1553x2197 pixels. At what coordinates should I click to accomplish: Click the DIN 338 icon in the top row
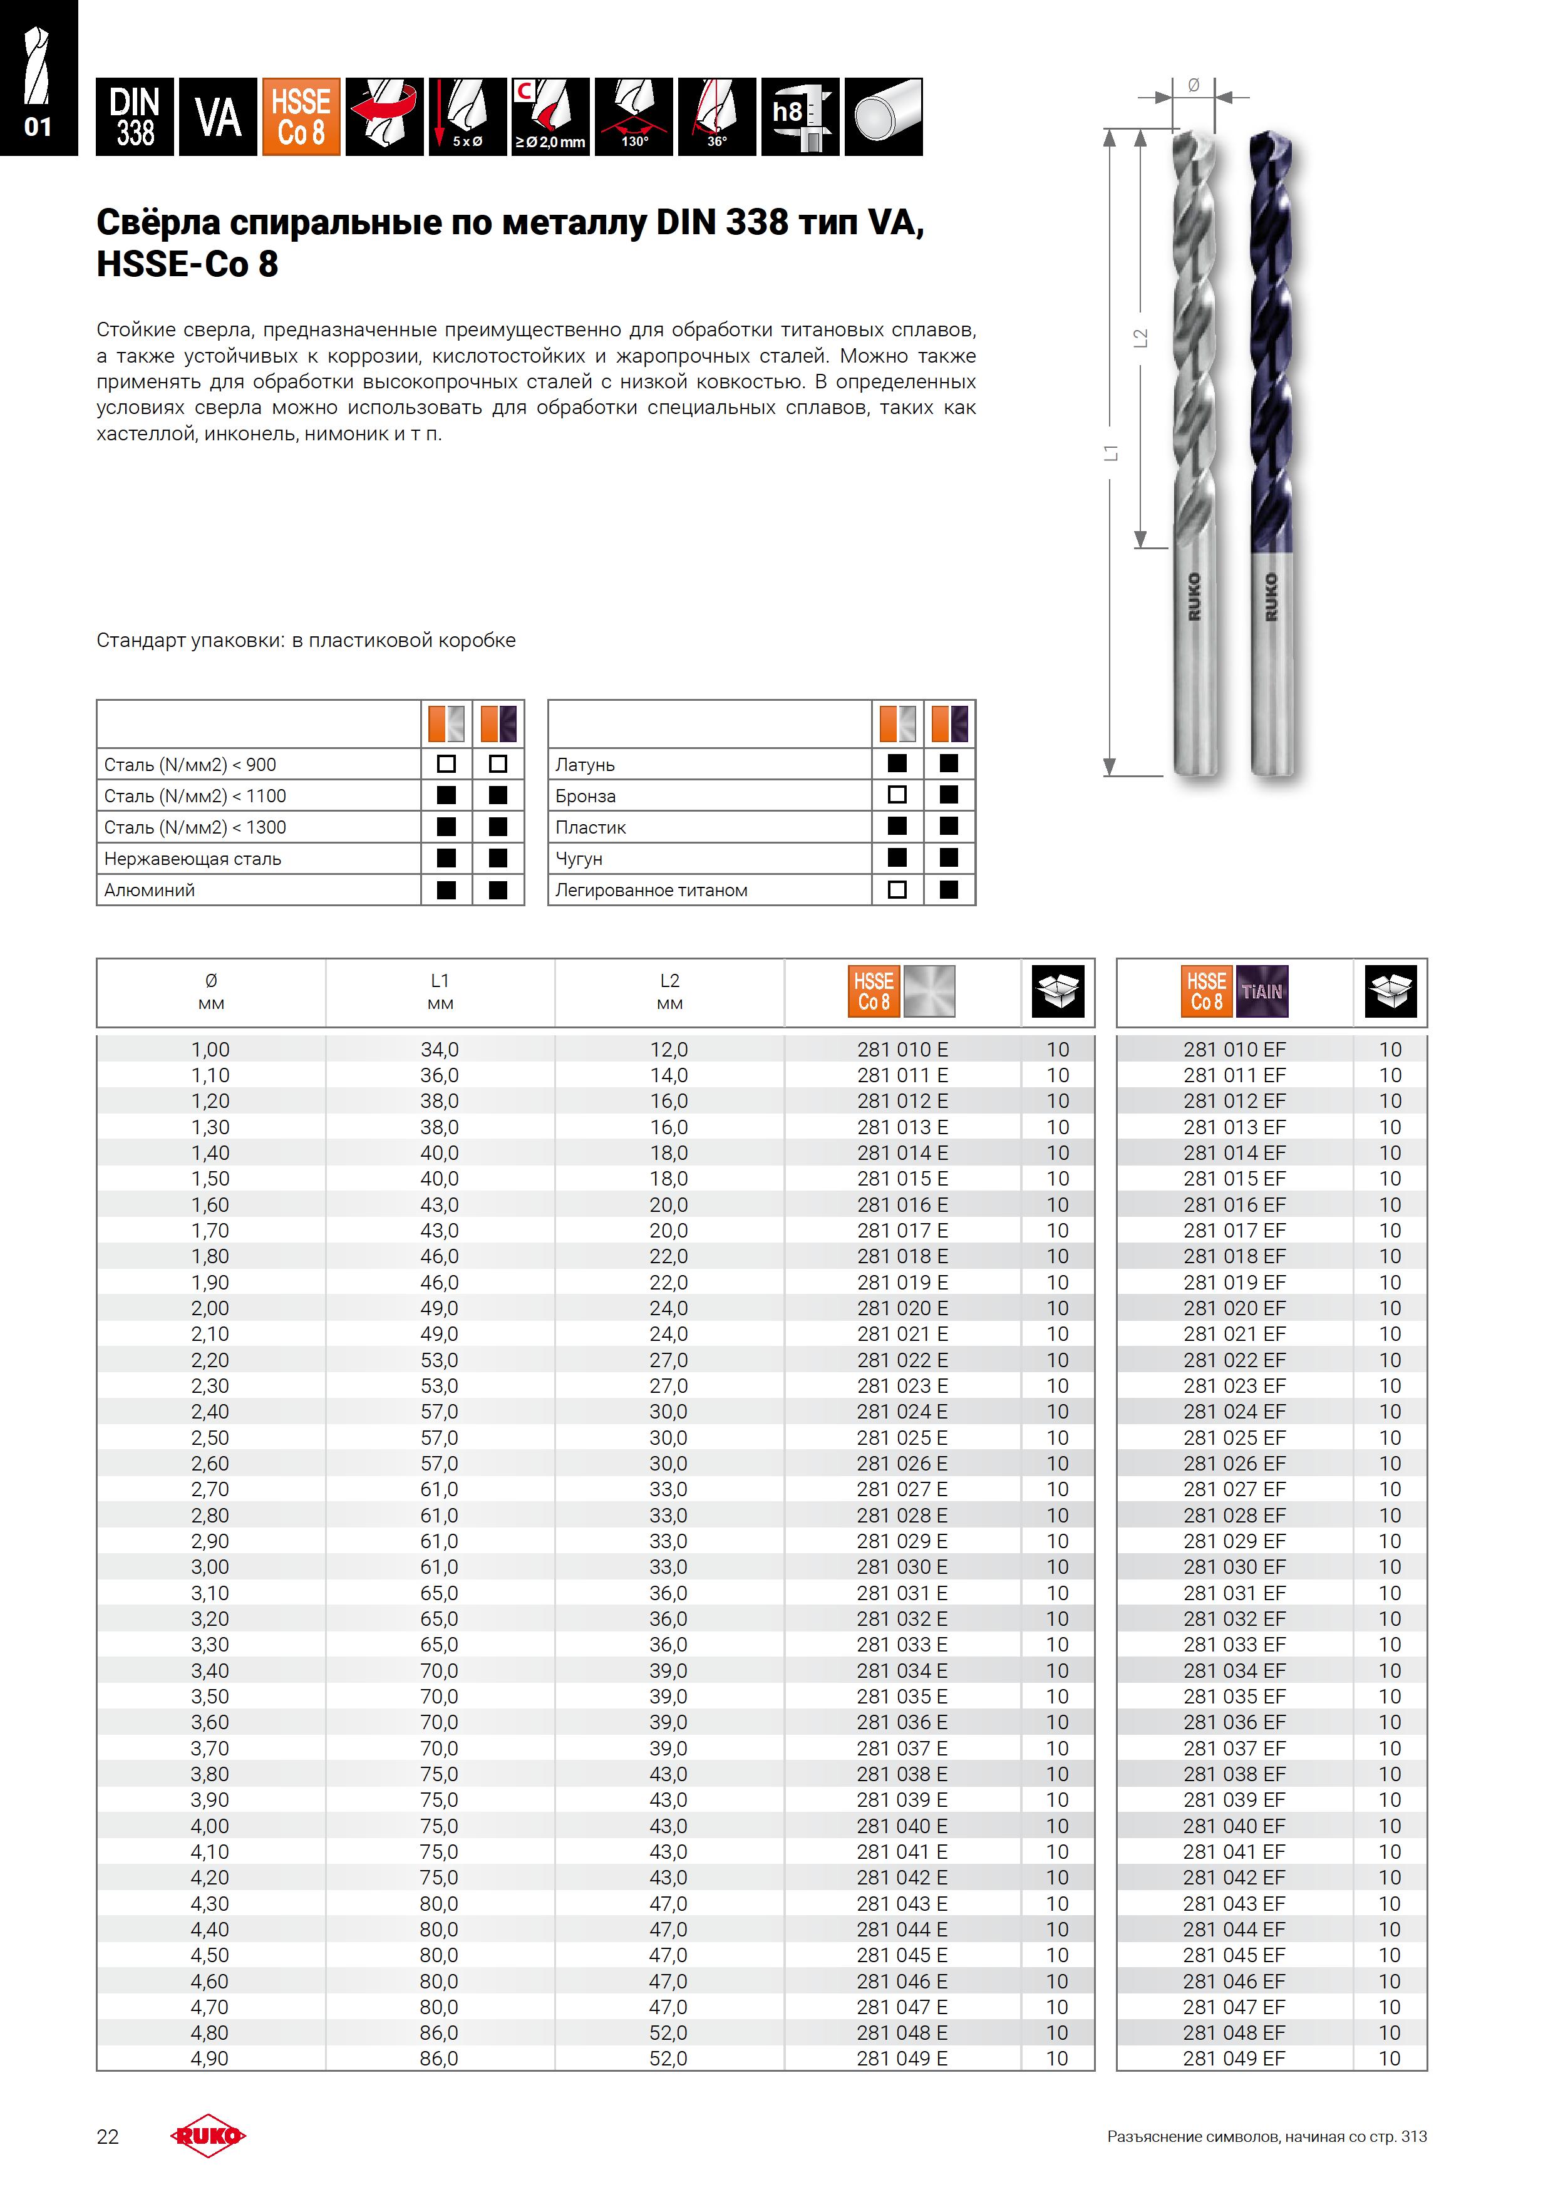(x=135, y=116)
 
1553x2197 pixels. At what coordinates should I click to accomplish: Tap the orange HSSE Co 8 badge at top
(x=301, y=116)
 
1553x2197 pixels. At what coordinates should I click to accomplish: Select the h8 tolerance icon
(x=800, y=116)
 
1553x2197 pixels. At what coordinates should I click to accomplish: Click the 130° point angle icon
(x=634, y=116)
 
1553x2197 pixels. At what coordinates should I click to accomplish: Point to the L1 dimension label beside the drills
(x=1111, y=453)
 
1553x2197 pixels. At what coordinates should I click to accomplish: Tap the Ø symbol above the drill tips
(x=1193, y=85)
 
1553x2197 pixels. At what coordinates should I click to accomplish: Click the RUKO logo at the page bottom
(x=208, y=2136)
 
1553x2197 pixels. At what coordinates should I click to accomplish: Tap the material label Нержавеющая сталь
(x=192, y=859)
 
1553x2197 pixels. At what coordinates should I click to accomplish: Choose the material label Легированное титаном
(x=651, y=890)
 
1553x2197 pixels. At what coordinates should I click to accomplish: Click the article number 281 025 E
(x=901, y=1437)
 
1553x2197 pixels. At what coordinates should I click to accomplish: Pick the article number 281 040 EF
(x=1234, y=1826)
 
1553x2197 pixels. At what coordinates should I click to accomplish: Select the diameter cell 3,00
(x=210, y=1566)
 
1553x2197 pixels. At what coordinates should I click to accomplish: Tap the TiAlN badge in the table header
(x=1262, y=991)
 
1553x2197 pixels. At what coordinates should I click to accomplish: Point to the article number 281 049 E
(x=901, y=2058)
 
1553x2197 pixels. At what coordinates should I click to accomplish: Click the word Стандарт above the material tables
(x=140, y=640)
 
